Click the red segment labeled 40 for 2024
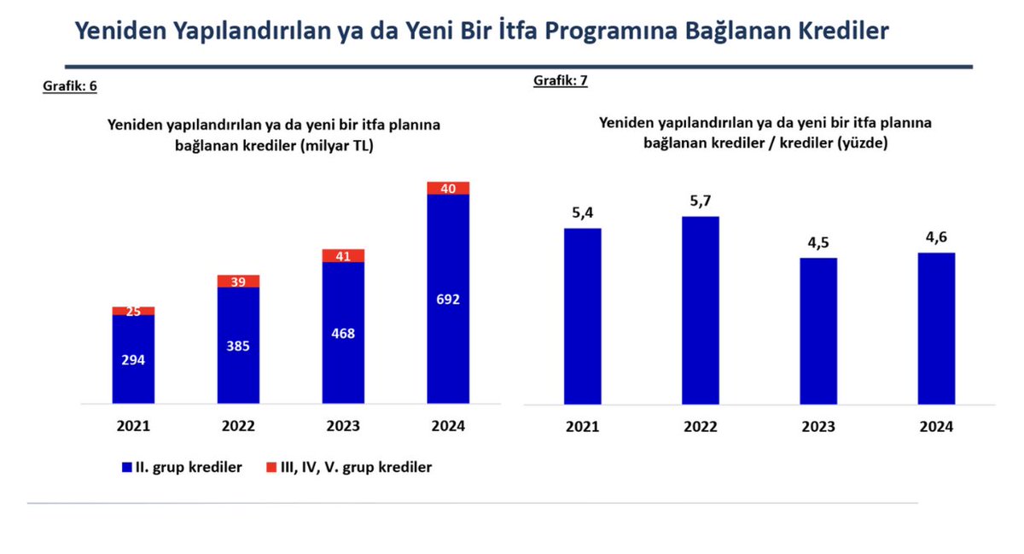pos(448,188)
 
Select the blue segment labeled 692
pos(448,300)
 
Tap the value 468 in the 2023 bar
pos(343,334)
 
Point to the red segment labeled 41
pos(343,255)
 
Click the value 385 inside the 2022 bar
pos(238,347)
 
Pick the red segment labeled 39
pos(238,282)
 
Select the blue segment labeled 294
pos(133,359)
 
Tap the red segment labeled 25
pos(133,312)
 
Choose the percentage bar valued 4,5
pos(817,331)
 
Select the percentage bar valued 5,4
pos(583,316)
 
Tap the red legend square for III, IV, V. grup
pos(271,467)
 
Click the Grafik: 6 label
pos(70,86)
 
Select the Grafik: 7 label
pos(561,80)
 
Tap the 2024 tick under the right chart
pos(935,427)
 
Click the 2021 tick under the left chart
pos(133,426)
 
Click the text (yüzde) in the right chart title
pos(862,143)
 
